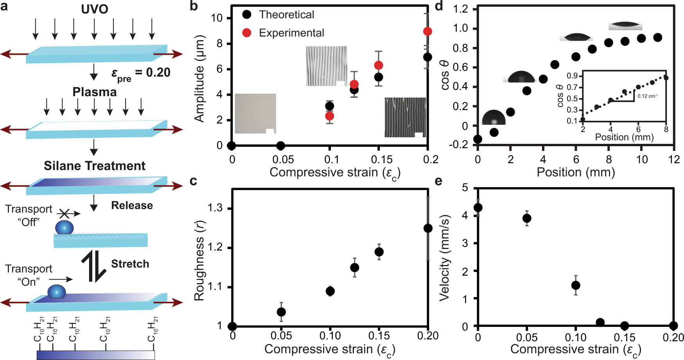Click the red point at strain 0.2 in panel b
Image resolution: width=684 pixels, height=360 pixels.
click(x=427, y=31)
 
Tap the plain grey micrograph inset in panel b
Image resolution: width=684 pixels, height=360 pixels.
click(x=255, y=113)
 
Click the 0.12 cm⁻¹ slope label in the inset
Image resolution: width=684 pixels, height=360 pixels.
click(x=647, y=96)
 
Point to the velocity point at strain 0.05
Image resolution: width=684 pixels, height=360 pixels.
click(x=527, y=218)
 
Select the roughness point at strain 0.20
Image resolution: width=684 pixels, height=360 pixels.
click(x=428, y=228)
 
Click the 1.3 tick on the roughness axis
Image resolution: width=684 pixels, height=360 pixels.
click(x=215, y=208)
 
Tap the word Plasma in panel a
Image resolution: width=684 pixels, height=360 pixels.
click(x=94, y=92)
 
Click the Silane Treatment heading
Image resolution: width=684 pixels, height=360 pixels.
click(x=94, y=166)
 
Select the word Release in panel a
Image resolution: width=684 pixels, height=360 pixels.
click(x=132, y=206)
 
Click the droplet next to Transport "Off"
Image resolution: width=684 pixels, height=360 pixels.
click(x=64, y=227)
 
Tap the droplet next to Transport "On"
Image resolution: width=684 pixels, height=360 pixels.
click(x=57, y=292)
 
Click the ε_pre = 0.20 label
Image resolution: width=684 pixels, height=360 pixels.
click(x=141, y=73)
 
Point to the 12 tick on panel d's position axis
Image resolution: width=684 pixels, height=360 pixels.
click(x=674, y=159)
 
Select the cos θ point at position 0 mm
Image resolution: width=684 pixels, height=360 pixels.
click(x=478, y=139)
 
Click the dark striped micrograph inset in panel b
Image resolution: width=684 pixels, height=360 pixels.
click(x=405, y=117)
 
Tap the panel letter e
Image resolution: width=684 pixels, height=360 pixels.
click(x=438, y=181)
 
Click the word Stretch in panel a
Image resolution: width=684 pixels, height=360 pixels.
click(x=130, y=264)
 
